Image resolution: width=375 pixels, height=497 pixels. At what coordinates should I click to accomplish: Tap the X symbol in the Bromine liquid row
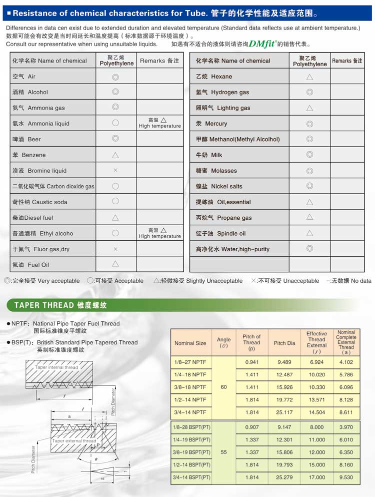click(115, 171)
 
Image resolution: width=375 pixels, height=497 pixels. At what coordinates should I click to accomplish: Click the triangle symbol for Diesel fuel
click(115, 218)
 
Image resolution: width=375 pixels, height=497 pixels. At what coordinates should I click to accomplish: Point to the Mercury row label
click(211, 124)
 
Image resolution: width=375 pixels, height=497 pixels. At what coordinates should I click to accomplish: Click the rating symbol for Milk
click(309, 155)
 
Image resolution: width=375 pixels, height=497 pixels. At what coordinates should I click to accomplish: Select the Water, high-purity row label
click(232, 249)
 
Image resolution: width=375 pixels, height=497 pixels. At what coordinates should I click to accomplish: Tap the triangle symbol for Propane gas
click(309, 218)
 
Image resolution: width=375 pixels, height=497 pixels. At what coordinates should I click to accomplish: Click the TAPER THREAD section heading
click(60, 305)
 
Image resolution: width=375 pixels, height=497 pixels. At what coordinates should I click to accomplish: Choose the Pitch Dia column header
click(284, 343)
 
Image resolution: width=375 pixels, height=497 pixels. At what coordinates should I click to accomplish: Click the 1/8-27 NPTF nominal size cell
click(190, 362)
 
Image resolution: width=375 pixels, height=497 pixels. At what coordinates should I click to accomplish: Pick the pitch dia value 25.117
click(284, 412)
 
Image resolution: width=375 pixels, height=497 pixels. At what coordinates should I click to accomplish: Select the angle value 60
click(223, 387)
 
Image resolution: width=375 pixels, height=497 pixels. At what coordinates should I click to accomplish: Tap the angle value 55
click(223, 452)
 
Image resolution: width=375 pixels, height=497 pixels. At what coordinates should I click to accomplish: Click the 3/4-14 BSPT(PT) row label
click(191, 477)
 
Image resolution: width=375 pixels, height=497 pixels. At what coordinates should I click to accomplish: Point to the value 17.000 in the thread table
click(316, 477)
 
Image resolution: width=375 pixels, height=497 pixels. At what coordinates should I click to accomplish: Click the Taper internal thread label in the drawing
click(56, 367)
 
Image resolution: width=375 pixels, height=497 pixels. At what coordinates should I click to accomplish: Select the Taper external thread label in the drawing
click(74, 441)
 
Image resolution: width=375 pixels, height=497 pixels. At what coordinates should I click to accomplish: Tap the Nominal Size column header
click(190, 343)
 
